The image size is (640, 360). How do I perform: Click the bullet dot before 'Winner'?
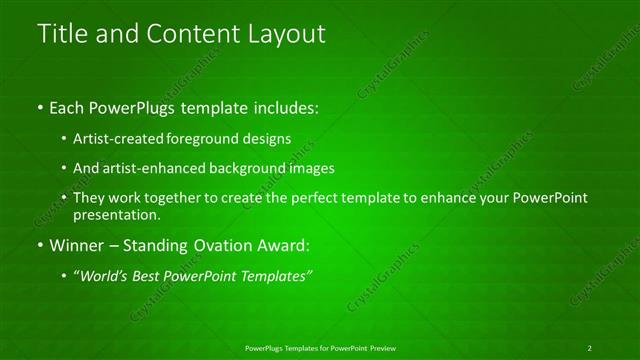click(39, 244)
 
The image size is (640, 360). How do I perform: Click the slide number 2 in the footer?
click(589, 347)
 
